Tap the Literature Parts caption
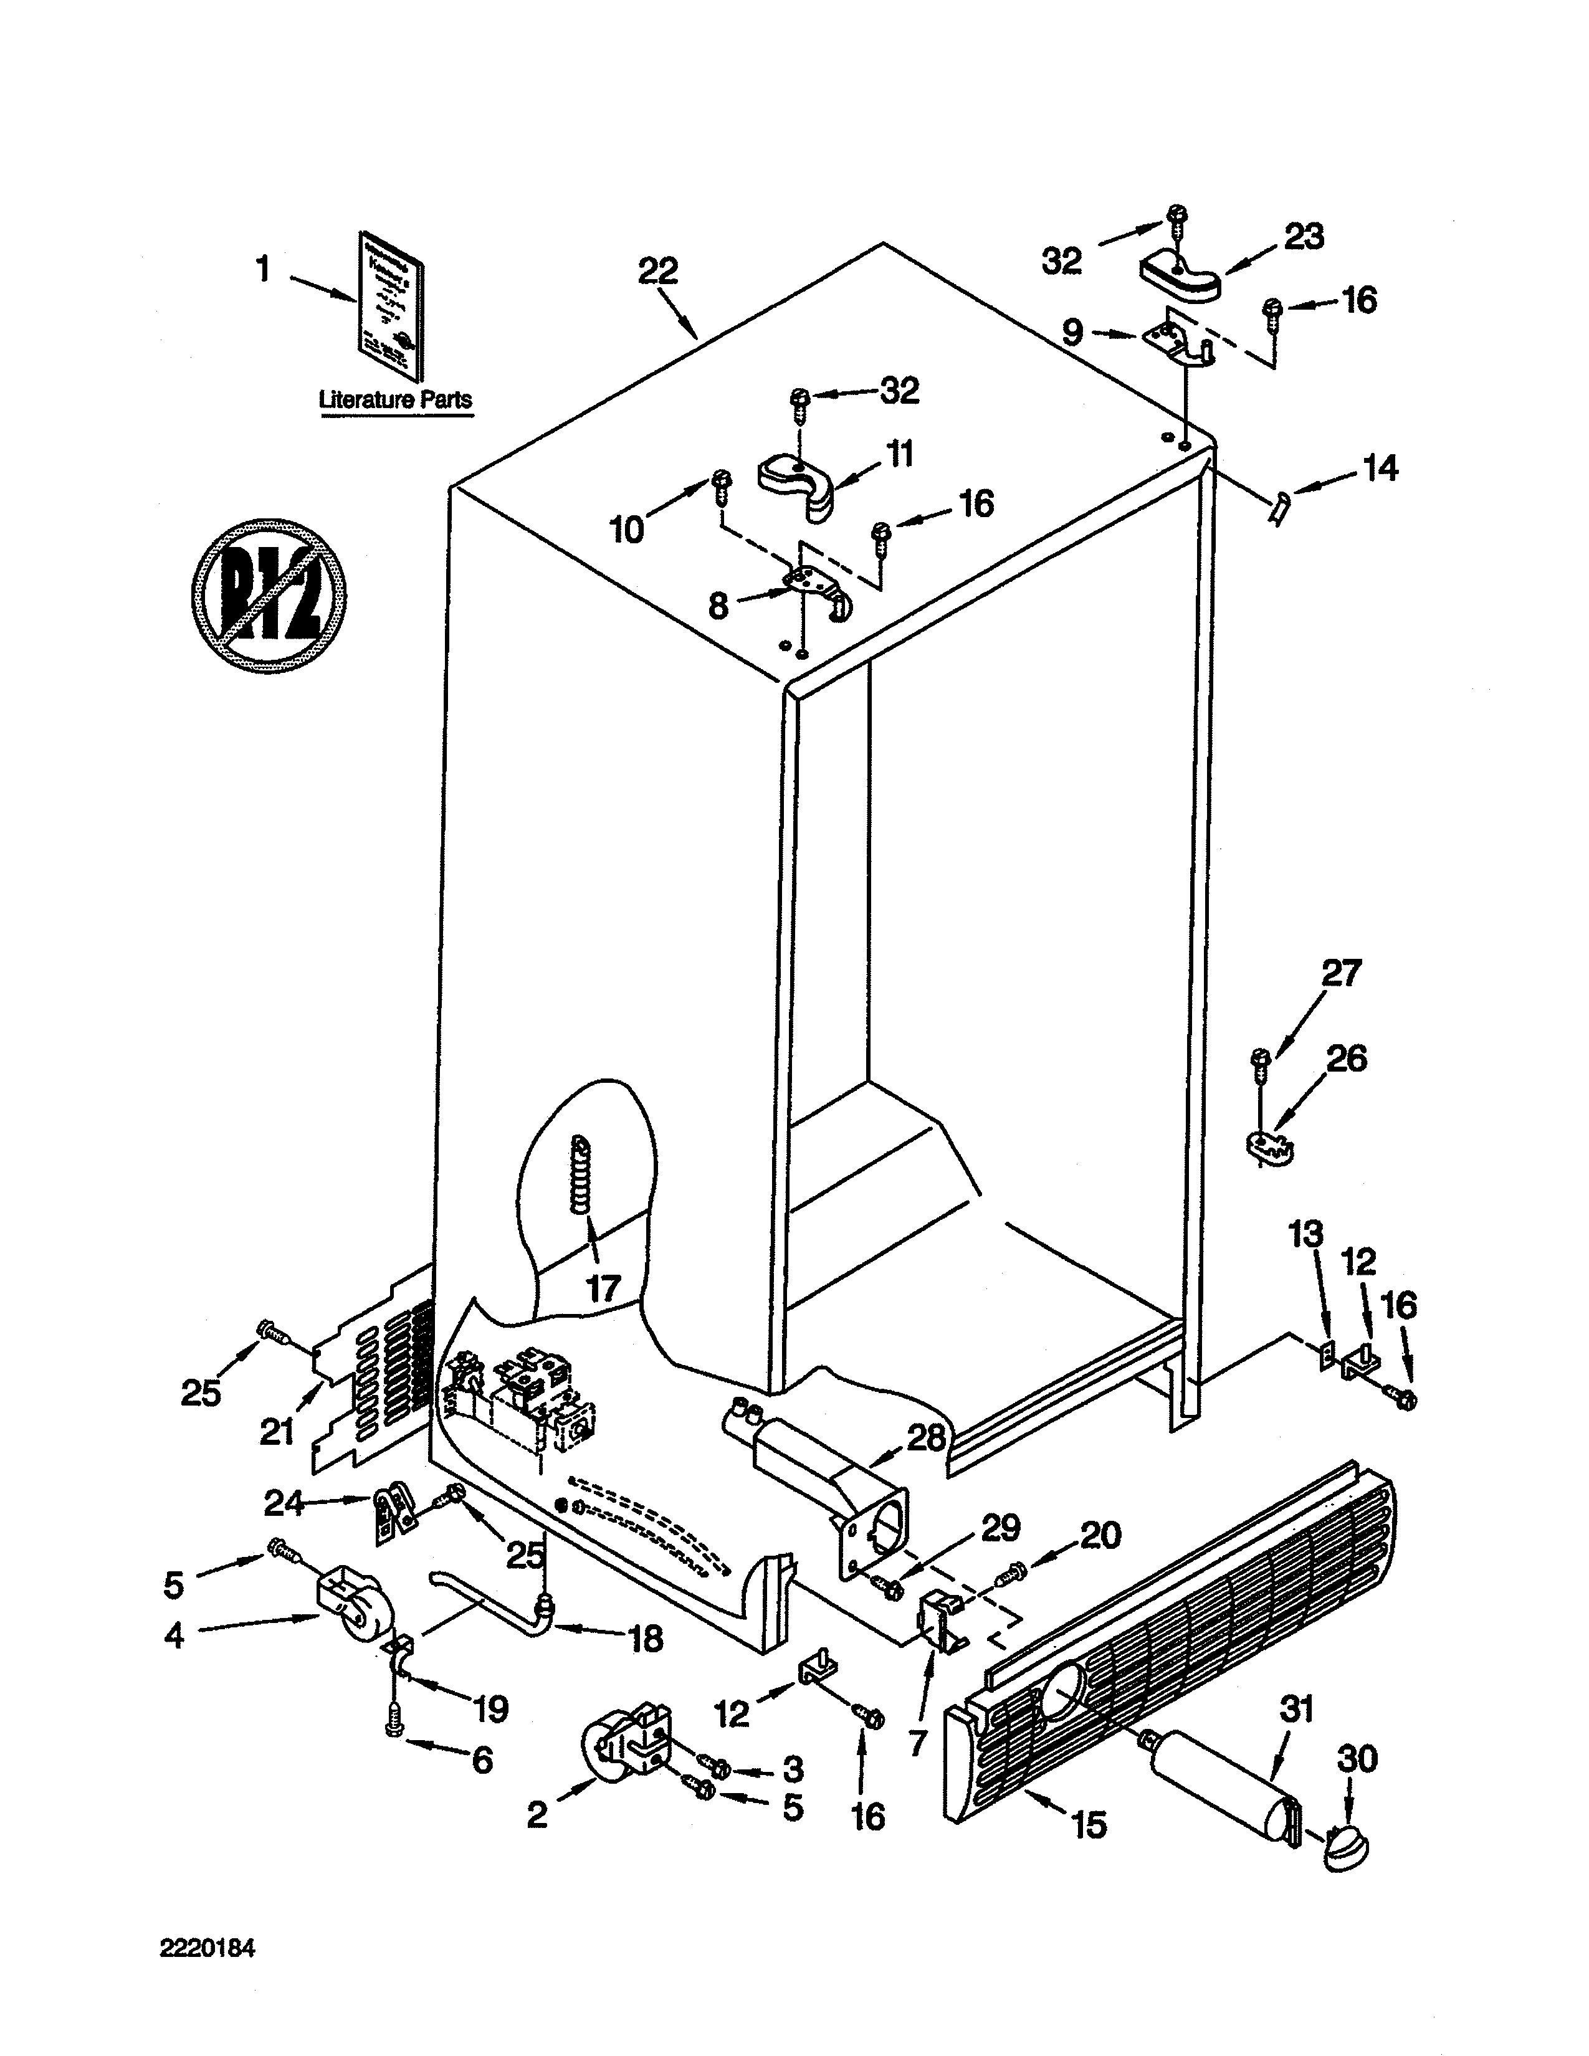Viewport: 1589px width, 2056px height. [x=395, y=399]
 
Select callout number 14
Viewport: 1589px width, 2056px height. [x=1380, y=468]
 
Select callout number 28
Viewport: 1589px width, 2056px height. [x=925, y=1439]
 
